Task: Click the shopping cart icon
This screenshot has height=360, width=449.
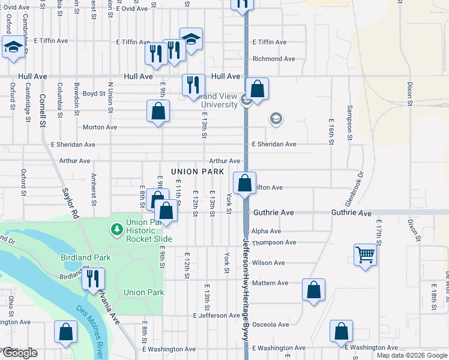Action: (365, 256)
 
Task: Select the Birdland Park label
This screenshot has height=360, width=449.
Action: (86, 257)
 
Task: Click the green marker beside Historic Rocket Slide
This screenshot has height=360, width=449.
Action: (116, 229)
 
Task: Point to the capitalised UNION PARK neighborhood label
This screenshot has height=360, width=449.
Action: (197, 172)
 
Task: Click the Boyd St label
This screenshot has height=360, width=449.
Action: (94, 94)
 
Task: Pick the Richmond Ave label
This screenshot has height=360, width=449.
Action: (274, 59)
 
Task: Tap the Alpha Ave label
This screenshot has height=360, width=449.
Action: (267, 231)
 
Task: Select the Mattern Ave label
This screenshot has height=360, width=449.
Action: (270, 283)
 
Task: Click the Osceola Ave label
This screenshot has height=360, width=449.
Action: (270, 325)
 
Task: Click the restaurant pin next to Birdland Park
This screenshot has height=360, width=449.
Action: (93, 278)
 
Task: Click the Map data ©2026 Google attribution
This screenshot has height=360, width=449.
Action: (412, 355)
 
